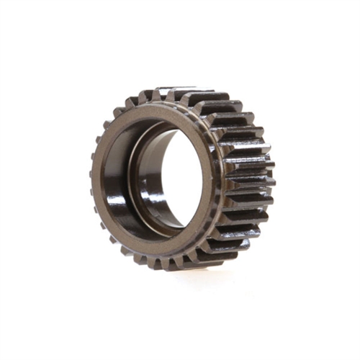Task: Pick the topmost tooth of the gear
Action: point(184,92)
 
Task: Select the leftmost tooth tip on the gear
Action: point(91,173)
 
